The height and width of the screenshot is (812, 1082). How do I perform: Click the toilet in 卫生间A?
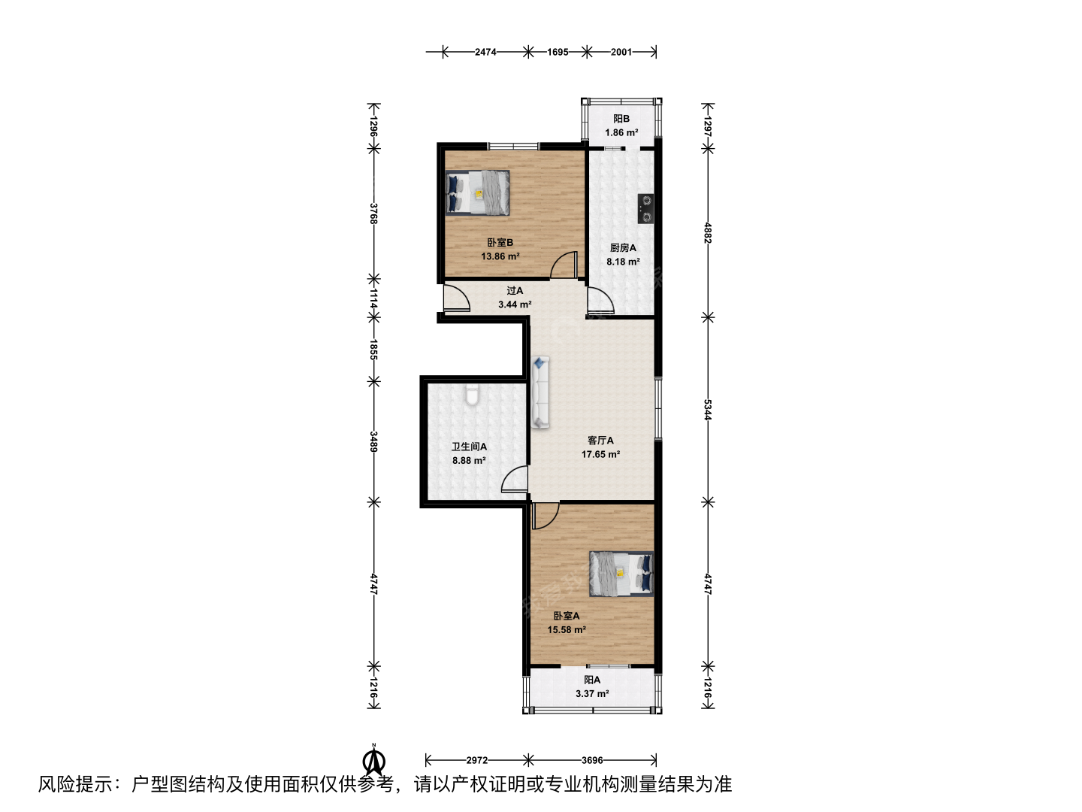pos(472,395)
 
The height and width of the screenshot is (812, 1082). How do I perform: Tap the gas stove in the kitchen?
pos(645,208)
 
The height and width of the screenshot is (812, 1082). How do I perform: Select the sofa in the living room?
pos(541,392)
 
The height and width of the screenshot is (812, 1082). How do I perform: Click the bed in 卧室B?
pos(477,192)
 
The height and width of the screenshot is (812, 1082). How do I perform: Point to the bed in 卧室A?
pos(621,574)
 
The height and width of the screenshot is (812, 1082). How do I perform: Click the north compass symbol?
pos(374,762)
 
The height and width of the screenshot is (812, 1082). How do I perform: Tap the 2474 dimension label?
pos(485,52)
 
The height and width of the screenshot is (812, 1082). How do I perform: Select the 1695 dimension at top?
pos(558,52)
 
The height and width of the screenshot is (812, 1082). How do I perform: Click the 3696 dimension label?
pos(592,760)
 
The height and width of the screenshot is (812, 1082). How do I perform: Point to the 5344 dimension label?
pos(707,410)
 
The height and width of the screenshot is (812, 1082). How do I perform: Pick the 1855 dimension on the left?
pos(373,349)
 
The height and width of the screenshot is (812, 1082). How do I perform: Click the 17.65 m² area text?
pos(600,454)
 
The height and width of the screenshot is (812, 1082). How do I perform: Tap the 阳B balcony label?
pos(621,119)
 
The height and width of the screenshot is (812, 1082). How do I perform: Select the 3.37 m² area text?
pos(592,694)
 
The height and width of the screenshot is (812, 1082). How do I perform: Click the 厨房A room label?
pos(623,248)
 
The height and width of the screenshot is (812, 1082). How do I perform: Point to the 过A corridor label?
pos(515,291)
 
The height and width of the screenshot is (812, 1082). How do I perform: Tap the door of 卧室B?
pos(564,265)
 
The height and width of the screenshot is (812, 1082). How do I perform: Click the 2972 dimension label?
pos(476,760)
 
